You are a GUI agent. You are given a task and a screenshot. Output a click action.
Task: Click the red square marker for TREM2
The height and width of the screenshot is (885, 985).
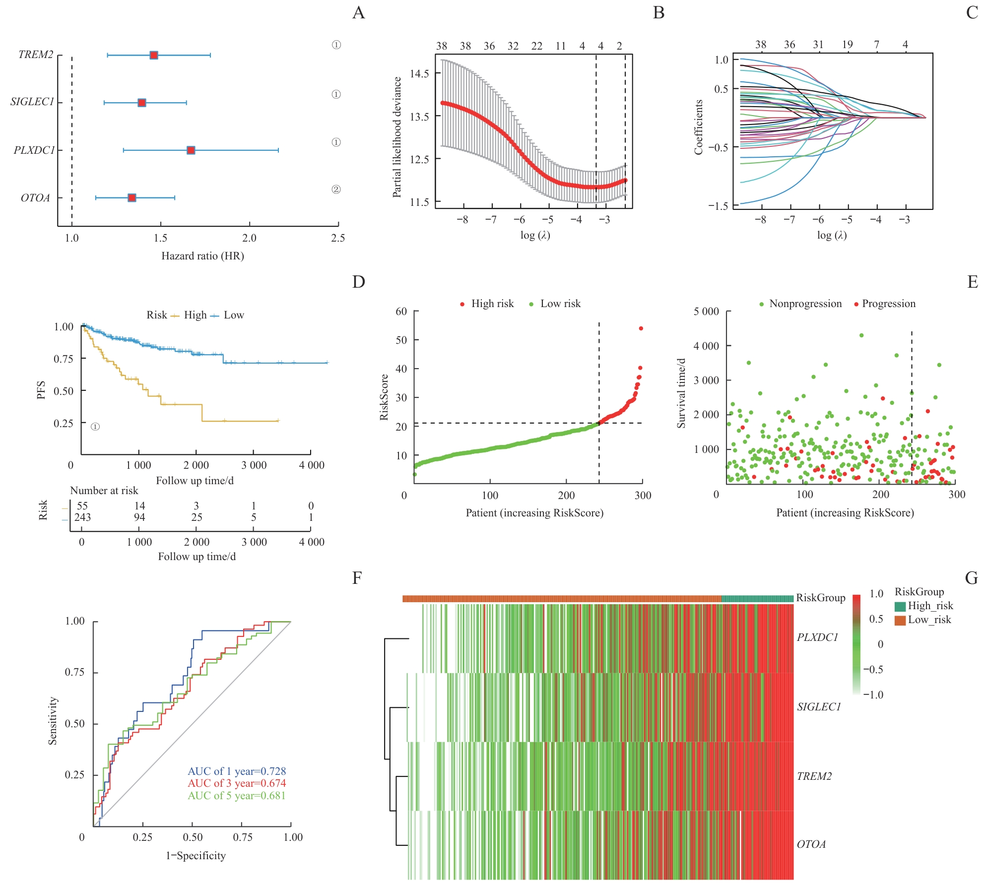pos(154,55)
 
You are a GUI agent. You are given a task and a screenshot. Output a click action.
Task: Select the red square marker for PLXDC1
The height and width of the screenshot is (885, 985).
pos(191,150)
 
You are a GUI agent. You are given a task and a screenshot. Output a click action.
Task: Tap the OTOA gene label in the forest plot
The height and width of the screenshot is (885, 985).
pos(35,198)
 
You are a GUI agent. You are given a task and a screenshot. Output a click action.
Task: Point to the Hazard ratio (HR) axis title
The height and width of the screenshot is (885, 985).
pos(202,256)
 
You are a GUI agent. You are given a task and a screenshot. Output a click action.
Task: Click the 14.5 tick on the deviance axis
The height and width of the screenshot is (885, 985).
pos(419,73)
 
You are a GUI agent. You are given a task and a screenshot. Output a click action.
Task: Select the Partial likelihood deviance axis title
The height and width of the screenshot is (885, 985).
pos(396,137)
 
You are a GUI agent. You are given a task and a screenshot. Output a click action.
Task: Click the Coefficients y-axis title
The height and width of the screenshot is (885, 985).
pos(699,127)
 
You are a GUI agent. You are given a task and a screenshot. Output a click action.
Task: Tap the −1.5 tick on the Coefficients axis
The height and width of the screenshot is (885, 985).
pos(718,206)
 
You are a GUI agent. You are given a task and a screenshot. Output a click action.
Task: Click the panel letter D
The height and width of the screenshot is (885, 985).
pos(358,282)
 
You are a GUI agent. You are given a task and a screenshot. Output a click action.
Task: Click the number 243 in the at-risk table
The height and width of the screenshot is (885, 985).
pos(82,517)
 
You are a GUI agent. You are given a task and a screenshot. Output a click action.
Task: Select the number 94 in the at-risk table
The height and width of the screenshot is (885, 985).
pos(139,517)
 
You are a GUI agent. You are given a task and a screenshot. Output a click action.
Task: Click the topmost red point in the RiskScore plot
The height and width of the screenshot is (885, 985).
pos(641,328)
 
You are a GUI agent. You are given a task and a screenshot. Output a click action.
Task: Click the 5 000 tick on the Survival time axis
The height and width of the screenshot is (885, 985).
pos(706,312)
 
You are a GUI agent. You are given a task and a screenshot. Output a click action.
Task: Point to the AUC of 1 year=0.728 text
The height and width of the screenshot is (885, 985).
pos(237,771)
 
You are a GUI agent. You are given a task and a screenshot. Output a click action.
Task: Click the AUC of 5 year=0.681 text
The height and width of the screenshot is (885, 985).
pos(237,796)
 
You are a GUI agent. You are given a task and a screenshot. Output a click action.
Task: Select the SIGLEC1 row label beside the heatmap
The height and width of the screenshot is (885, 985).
pos(819,707)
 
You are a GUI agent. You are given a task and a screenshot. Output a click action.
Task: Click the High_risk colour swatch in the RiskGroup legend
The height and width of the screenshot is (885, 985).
pos(900,606)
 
